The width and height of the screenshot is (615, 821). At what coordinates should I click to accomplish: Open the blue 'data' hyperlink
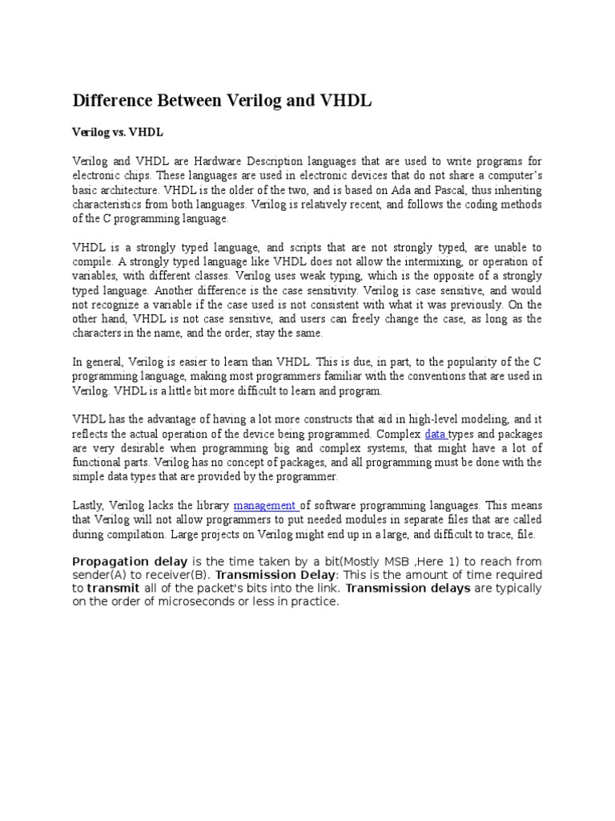coord(436,435)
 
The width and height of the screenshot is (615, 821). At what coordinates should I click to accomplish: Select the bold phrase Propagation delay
coord(131,560)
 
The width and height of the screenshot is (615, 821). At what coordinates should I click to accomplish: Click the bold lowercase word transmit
coord(113,588)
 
